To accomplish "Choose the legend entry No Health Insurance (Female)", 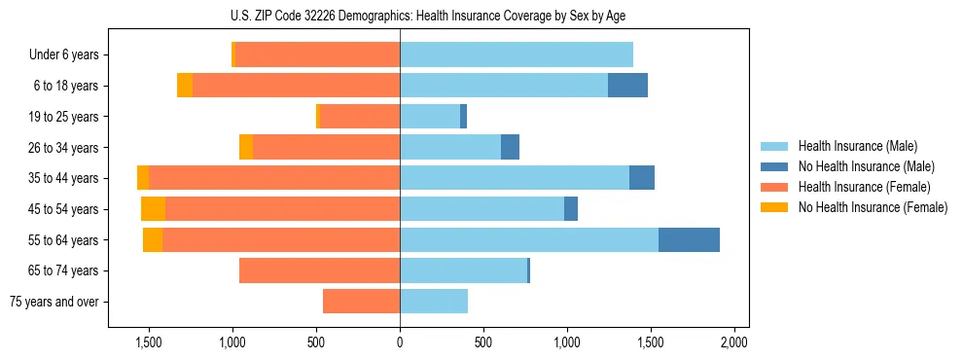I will click(x=873, y=207).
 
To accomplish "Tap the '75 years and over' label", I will click(x=54, y=302).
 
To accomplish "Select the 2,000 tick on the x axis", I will click(x=733, y=343).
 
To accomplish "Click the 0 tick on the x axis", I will click(x=400, y=343).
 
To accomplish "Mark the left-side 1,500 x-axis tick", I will click(x=149, y=343).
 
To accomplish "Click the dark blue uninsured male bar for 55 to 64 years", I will click(x=689, y=239).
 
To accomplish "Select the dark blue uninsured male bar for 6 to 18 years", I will click(x=627, y=86).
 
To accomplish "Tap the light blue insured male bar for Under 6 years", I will click(x=517, y=55).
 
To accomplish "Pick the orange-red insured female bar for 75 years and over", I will click(x=361, y=302).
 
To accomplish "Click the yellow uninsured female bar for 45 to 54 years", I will click(x=153, y=209).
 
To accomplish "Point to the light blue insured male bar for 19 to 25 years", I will click(x=430, y=117).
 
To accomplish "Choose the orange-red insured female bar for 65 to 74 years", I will click(x=319, y=270).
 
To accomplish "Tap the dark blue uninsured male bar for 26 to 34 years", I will click(x=510, y=147).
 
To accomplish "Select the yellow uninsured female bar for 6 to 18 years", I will click(x=185, y=86).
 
